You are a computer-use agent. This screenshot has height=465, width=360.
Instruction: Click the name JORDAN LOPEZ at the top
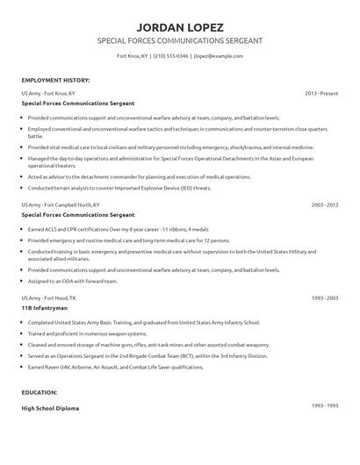179,25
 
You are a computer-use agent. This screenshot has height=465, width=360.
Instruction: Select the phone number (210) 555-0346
170,55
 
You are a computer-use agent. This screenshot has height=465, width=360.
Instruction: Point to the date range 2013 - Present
321,92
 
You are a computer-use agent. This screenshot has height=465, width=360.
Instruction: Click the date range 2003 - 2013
325,228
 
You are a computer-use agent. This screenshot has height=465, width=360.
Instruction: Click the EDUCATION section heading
40,394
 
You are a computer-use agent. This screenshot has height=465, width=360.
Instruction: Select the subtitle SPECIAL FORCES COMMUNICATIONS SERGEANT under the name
179,40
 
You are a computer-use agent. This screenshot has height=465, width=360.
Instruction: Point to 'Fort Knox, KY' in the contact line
132,55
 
